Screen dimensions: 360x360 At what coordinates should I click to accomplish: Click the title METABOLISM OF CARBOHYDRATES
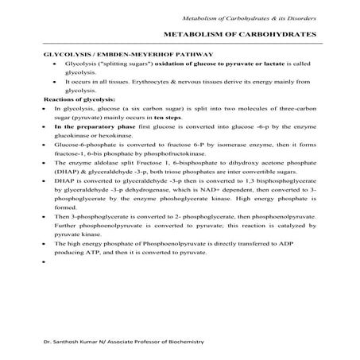(x=239, y=36)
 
